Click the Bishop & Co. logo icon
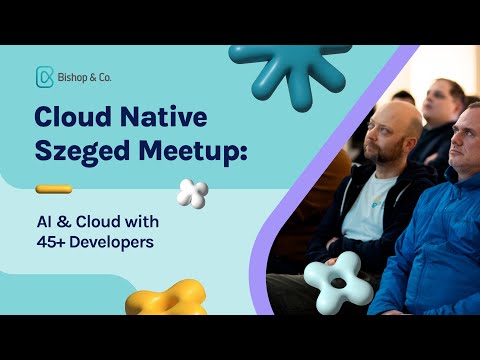(44, 77)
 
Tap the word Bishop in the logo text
(74, 77)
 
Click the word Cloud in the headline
(73, 119)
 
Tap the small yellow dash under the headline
(53, 188)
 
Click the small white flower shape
(192, 193)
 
